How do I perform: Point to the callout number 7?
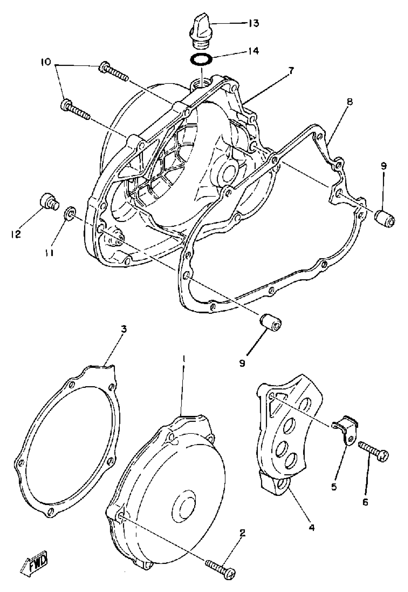click(291, 71)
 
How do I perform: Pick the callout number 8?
click(350, 102)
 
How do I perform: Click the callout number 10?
click(46, 62)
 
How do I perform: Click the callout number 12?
click(16, 234)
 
